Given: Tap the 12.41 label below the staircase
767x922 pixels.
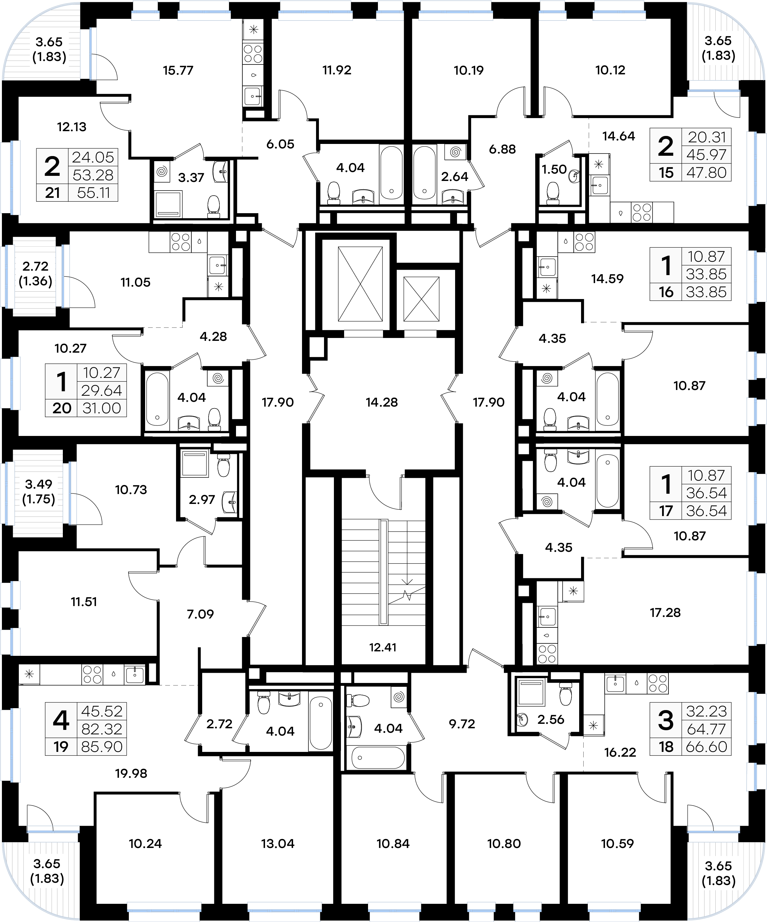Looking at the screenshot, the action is [383, 647].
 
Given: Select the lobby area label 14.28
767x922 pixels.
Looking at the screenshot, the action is [382, 402].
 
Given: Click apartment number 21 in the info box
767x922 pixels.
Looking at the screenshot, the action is [52, 193].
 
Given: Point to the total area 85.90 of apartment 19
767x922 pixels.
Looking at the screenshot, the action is [102, 747].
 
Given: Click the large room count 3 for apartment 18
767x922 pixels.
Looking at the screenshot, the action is [666, 721].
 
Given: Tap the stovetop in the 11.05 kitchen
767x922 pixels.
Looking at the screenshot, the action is [180, 242].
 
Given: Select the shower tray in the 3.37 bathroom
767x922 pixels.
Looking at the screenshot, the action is [168, 204].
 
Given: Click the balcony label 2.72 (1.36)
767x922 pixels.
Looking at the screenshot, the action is [35, 274].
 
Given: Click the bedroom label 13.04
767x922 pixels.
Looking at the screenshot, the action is [278, 843].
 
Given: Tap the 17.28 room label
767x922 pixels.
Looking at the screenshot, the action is [665, 612].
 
